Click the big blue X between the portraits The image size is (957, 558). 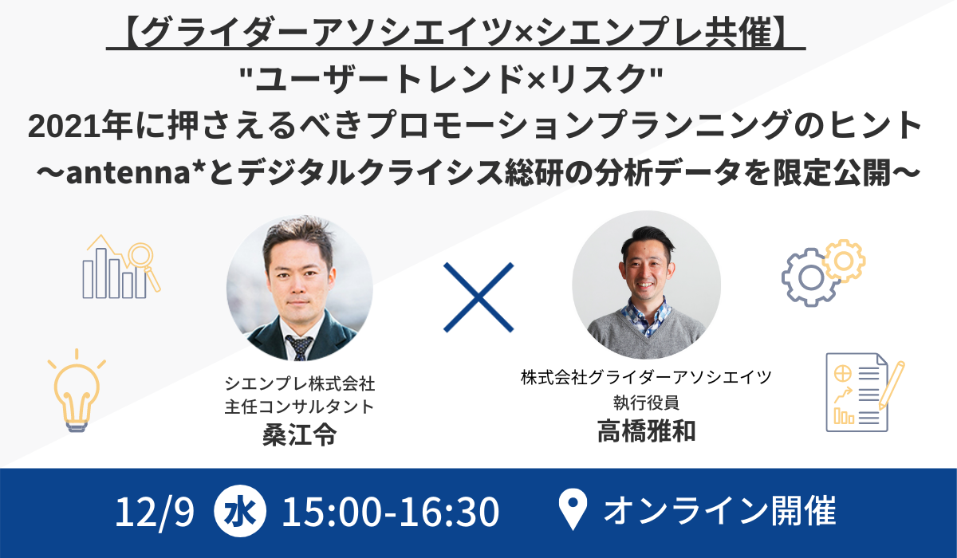pos(478,297)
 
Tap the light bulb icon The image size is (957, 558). pos(77,391)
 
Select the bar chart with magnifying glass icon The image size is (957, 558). pos(121,266)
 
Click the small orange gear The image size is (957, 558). pos(845,261)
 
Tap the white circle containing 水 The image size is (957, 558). pos(240,511)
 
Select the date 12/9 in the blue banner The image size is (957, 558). pos(154,512)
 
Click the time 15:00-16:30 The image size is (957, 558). pos(391,511)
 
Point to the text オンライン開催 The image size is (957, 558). pos(719,510)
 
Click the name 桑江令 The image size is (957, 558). pos(300,435)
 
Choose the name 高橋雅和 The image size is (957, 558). pos(647,430)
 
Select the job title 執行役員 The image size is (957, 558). pos(647,403)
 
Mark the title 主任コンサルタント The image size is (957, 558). pos(300,407)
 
